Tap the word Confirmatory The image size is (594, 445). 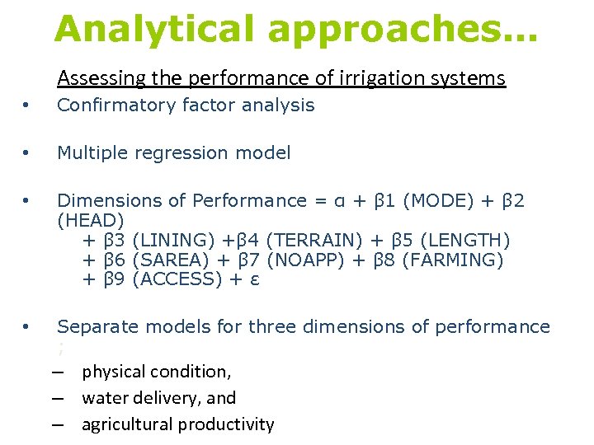pos(115,105)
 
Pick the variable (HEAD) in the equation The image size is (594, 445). pos(91,220)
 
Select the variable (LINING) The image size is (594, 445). pos(174,241)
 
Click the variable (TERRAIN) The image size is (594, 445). pos(315,241)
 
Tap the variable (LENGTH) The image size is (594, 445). pos(464,241)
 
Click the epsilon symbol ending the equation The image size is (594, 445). pos(256,280)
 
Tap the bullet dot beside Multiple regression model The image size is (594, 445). pos(27,153)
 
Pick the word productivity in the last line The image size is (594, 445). pos(230,425)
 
